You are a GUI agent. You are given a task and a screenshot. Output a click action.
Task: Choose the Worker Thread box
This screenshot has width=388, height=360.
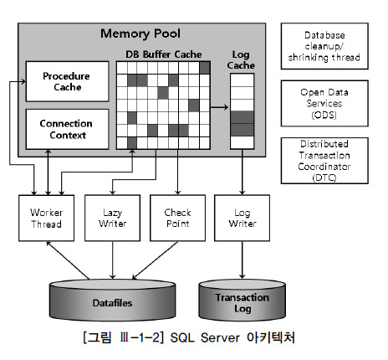pyautogui.click(x=46, y=219)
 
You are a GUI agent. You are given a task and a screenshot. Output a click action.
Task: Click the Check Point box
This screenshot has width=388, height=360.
pyautogui.click(x=176, y=219)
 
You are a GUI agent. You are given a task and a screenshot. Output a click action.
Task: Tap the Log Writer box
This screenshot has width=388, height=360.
pyautogui.click(x=242, y=219)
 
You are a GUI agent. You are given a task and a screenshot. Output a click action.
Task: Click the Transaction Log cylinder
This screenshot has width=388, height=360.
pyautogui.click(x=242, y=302)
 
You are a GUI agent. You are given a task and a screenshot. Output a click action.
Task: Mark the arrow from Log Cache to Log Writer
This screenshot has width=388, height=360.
pyautogui.click(x=242, y=174)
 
